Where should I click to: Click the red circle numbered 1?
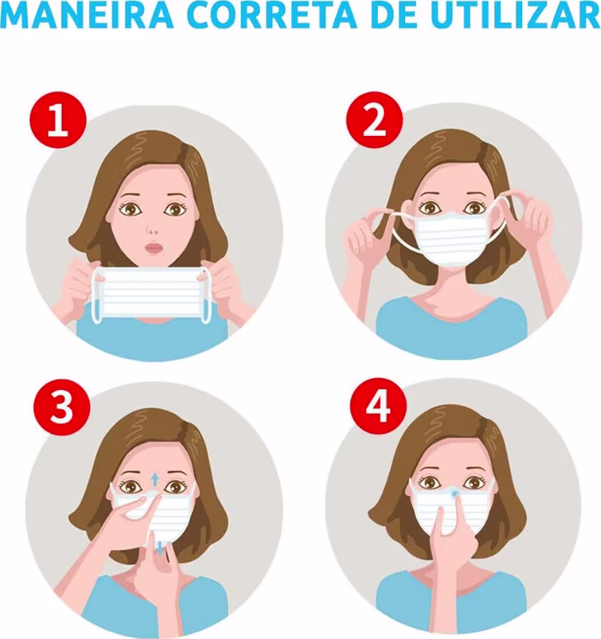click(x=59, y=120)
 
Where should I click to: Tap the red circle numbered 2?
click(x=375, y=120)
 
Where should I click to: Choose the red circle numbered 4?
click(x=379, y=406)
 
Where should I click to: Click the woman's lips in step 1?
click(x=154, y=248)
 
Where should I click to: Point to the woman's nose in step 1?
click(x=152, y=231)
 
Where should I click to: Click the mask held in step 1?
click(x=151, y=293)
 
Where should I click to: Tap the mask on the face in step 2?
click(x=452, y=237)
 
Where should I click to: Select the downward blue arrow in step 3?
click(x=159, y=548)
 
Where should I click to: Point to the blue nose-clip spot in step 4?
click(x=455, y=494)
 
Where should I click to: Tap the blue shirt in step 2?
click(x=451, y=326)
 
